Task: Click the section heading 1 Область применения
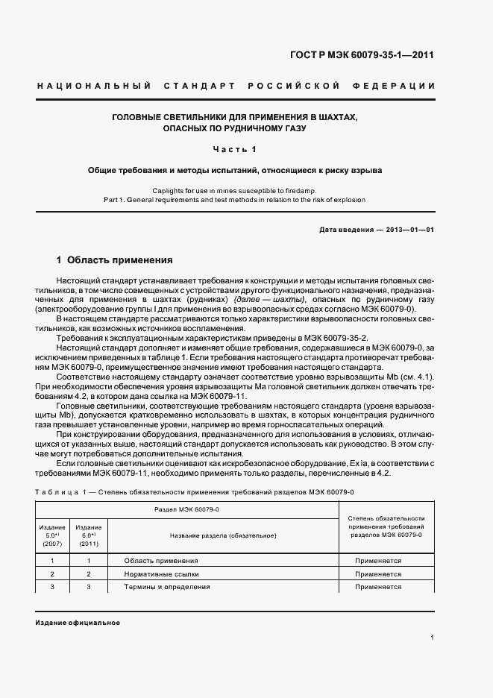(x=115, y=260)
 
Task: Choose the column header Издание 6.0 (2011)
(x=89, y=535)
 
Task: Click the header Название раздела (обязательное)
(x=223, y=535)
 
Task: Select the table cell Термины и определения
(x=166, y=587)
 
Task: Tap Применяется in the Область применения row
(x=378, y=560)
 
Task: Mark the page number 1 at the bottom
(x=433, y=637)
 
